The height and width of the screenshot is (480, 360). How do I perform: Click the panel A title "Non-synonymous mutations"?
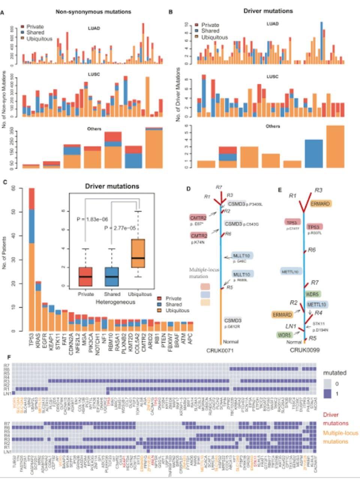coord(93,12)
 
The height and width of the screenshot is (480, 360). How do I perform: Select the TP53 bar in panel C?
coord(31,262)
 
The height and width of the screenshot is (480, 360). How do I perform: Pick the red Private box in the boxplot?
coord(86,277)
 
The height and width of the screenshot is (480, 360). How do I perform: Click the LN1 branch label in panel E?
coord(291,326)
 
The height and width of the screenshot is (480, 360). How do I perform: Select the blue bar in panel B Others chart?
coord(314,154)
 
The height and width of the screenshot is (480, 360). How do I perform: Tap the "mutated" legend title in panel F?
coord(334,373)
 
